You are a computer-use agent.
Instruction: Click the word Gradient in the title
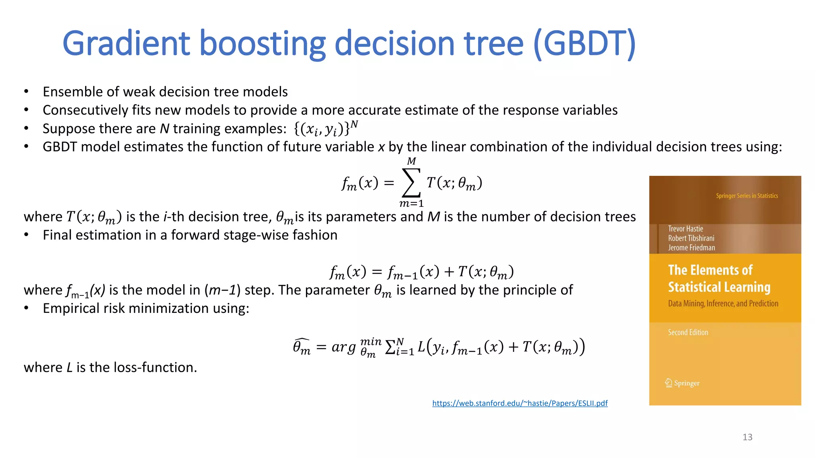[x=127, y=44]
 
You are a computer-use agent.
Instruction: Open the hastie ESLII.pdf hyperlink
[x=520, y=403]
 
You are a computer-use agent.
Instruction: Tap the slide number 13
[x=747, y=437]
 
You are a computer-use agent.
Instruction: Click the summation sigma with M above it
[x=411, y=183]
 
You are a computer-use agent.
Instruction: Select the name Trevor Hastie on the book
[x=685, y=229]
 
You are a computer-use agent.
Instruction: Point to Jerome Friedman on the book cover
[x=691, y=248]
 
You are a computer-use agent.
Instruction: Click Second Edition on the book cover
[x=688, y=332]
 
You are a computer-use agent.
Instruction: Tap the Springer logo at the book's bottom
[x=682, y=383]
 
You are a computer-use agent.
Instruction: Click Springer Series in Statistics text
[x=747, y=196]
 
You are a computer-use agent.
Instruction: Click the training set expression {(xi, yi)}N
[x=326, y=129]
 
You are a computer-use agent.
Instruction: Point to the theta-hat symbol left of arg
[x=301, y=347]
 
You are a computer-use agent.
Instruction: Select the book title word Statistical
[x=719, y=287]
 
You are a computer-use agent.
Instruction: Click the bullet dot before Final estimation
[x=26, y=235]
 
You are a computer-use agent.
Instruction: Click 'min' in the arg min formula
[x=370, y=342]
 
